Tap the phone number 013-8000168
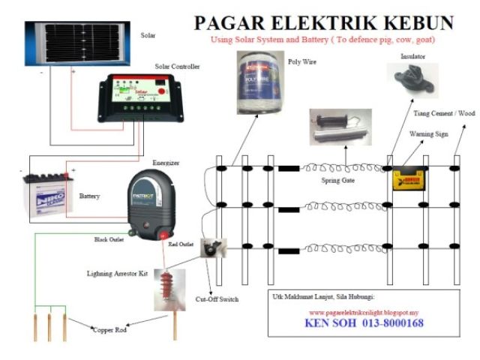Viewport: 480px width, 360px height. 394,323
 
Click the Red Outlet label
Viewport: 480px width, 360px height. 184,244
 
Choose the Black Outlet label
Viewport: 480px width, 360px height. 111,239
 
